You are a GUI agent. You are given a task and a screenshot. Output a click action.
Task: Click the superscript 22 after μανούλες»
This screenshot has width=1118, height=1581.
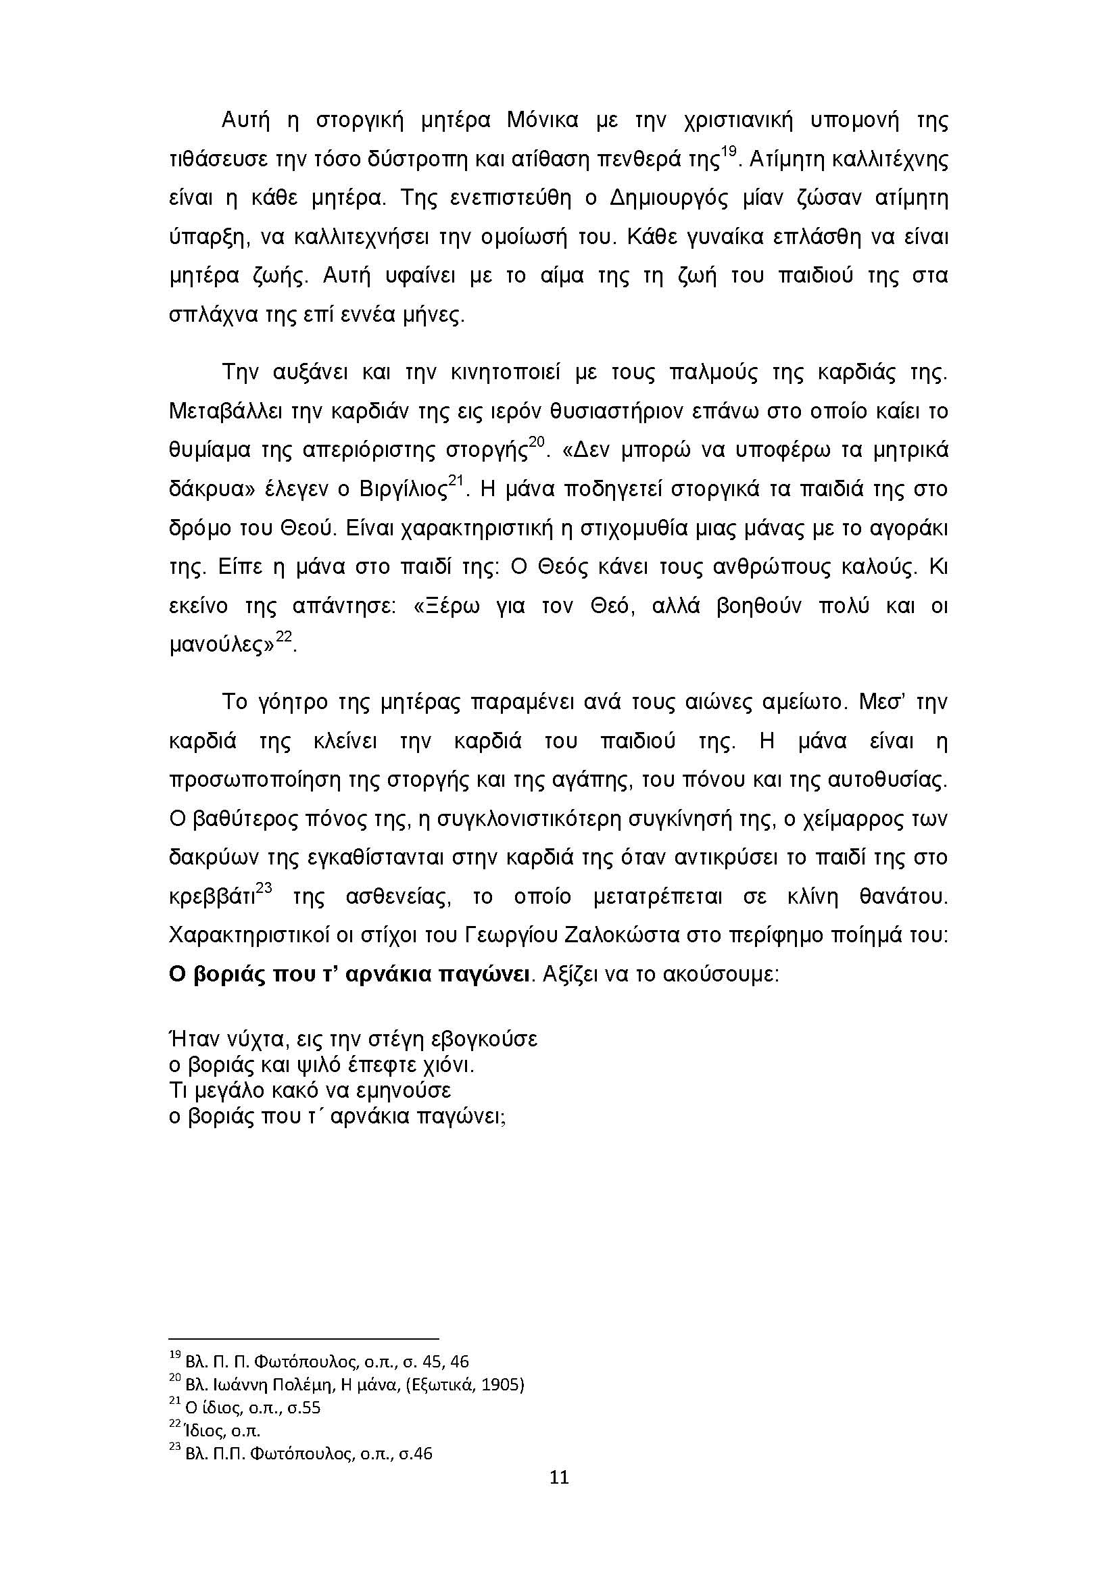coord(285,638)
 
